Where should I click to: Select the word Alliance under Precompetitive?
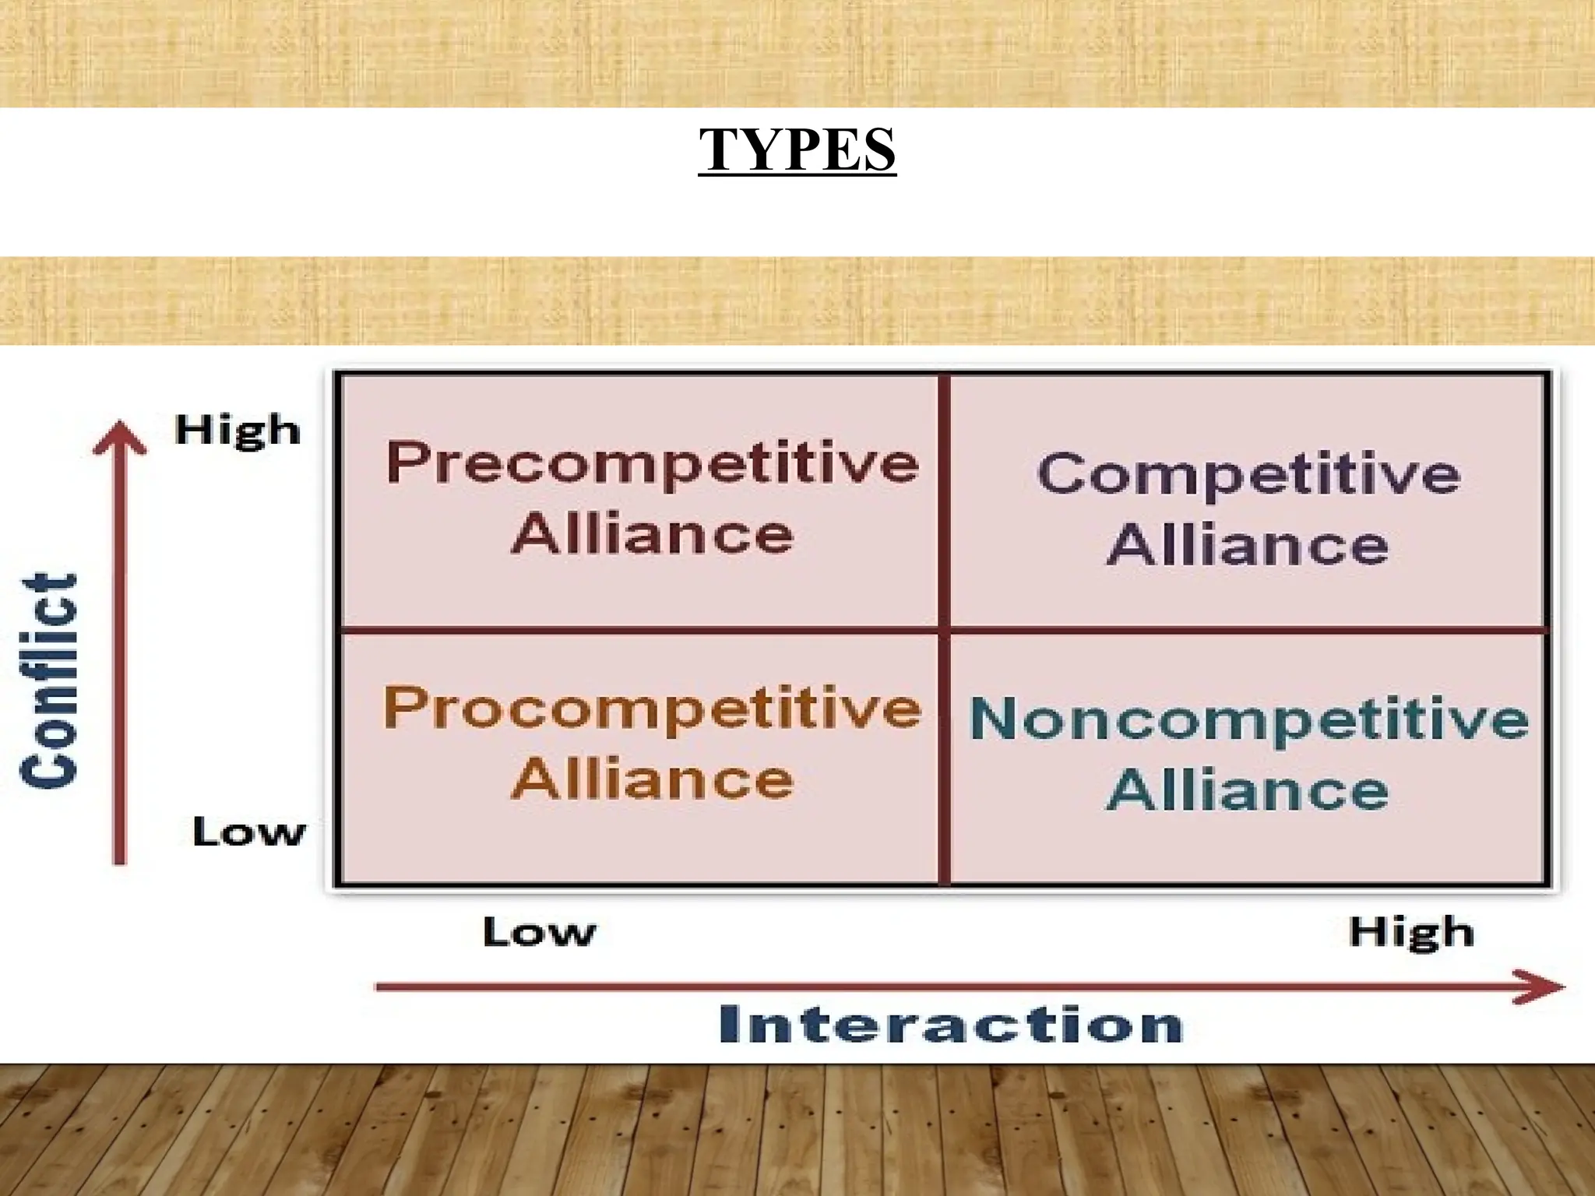653,534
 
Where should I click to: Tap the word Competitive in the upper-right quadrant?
1248,474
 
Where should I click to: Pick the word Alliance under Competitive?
1248,544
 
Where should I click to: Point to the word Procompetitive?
653,709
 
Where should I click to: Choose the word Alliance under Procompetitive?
653,779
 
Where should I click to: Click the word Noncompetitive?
1249,719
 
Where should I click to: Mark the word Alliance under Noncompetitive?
1248,790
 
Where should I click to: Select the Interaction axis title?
951,1025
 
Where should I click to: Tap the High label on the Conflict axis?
238,431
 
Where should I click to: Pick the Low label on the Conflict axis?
249,832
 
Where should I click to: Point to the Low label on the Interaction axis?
540,931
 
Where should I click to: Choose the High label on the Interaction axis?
1411,932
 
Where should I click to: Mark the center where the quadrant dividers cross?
945,630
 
